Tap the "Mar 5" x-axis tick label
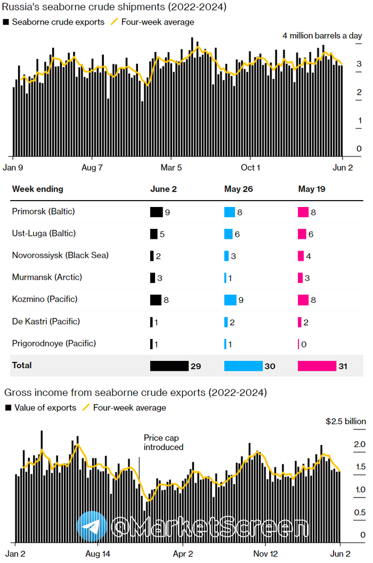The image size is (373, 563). click(x=172, y=167)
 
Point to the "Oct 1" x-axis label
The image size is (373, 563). click(x=250, y=167)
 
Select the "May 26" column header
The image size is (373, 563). click(x=237, y=189)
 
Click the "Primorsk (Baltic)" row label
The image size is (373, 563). click(x=44, y=211)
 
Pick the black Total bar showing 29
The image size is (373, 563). click(x=169, y=366)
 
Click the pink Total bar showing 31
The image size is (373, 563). click(x=317, y=366)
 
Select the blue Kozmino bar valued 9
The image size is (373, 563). click(x=230, y=300)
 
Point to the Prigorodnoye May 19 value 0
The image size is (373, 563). click(x=304, y=344)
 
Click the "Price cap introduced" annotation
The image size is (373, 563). click(x=164, y=442)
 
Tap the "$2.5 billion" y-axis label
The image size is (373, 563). click(x=346, y=421)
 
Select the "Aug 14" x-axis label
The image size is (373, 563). click(x=98, y=553)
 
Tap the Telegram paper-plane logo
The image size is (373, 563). click(x=92, y=527)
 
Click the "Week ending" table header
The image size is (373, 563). click(x=37, y=189)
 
